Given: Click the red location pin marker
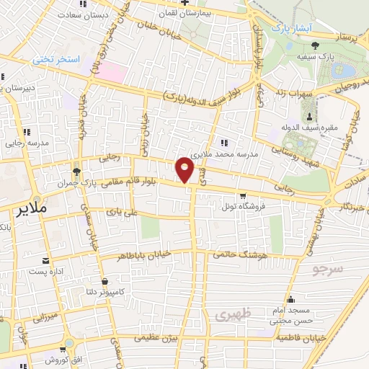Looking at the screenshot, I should click(x=185, y=169).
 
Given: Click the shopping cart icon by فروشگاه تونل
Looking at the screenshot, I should click(x=243, y=195).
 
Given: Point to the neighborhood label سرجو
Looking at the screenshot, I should click(x=329, y=271).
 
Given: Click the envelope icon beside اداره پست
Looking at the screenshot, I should click(x=47, y=260).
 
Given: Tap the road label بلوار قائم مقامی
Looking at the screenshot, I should click(x=135, y=183).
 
